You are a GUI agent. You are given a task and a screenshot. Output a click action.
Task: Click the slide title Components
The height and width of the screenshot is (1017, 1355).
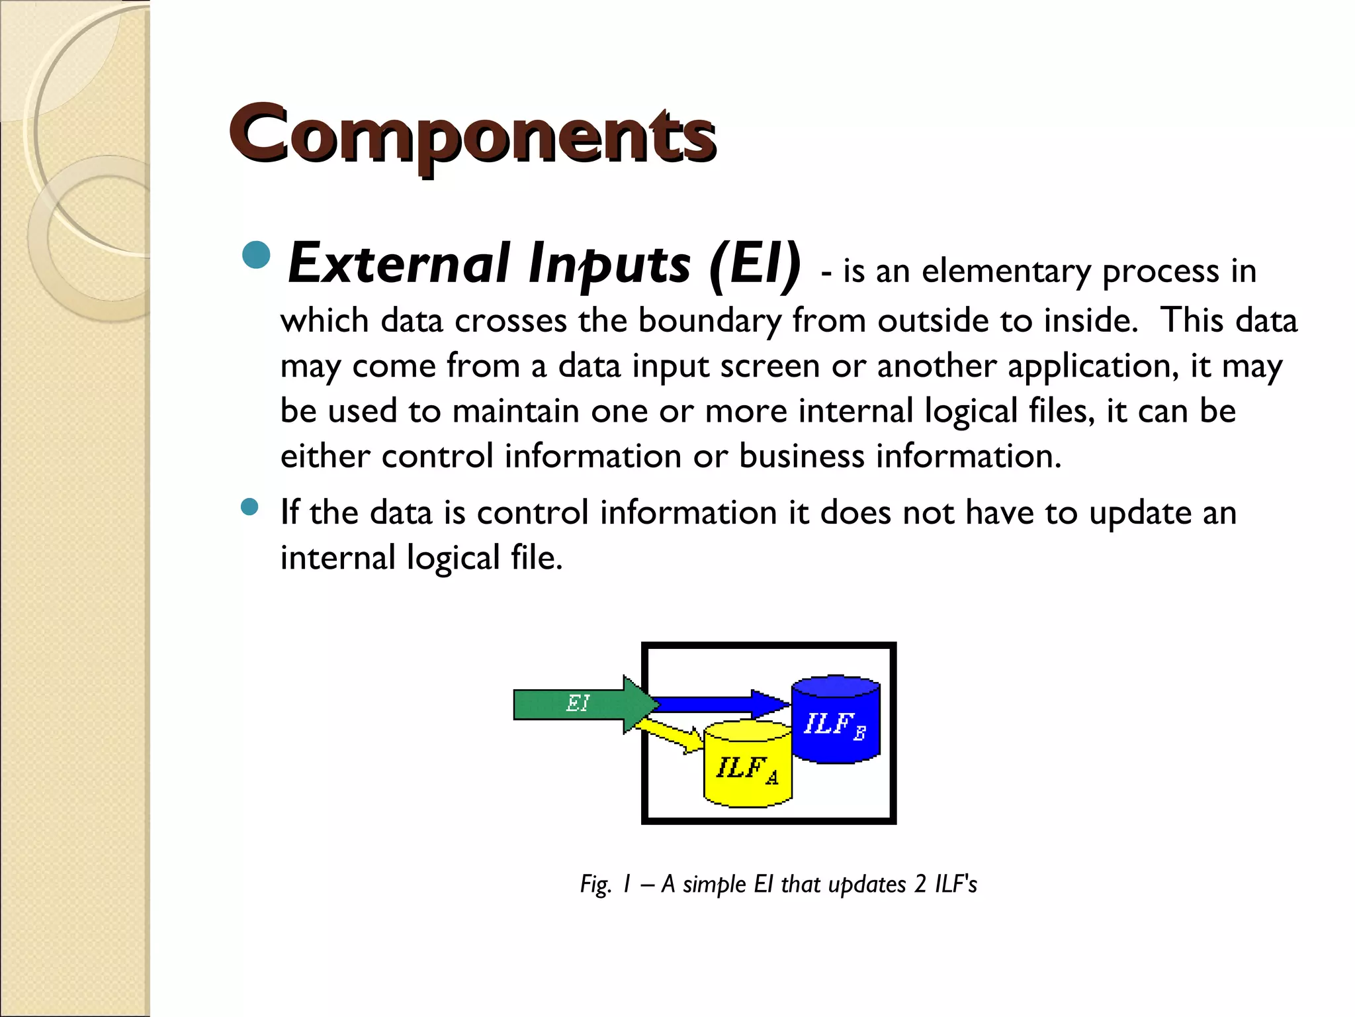click(472, 136)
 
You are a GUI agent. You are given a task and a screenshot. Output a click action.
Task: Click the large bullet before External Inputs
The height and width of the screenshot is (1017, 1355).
click(257, 256)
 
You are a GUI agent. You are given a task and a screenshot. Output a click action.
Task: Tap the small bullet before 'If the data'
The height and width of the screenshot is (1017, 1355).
click(249, 507)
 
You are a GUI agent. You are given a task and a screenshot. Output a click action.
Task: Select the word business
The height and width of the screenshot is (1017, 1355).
click(801, 456)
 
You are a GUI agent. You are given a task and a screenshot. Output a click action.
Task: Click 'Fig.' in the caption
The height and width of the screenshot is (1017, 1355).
click(595, 885)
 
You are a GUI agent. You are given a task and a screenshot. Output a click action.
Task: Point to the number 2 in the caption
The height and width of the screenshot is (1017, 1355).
click(920, 885)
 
